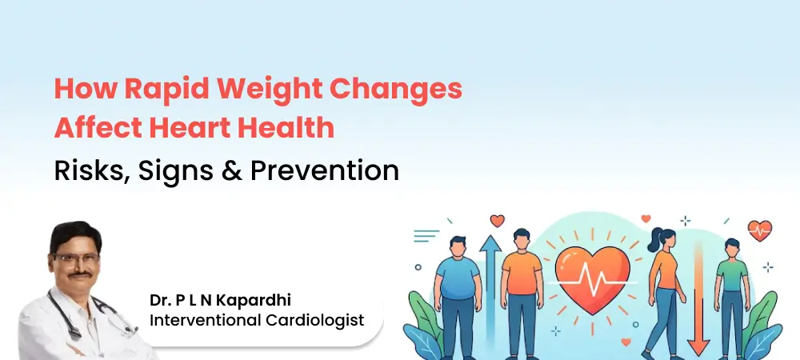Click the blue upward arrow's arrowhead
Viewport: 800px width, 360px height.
coord(490,242)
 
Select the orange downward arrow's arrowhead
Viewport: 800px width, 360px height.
coord(698,346)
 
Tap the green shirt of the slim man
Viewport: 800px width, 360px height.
coord(731,277)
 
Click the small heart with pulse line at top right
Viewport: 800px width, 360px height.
coord(760,230)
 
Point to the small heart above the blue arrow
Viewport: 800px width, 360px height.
coord(497,220)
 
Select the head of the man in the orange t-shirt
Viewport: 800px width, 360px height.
coord(521,238)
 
